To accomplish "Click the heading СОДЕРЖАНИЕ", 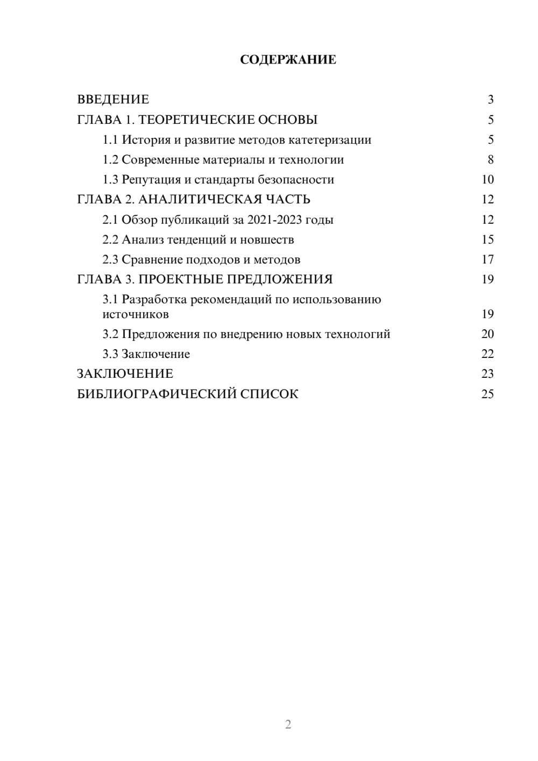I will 288,60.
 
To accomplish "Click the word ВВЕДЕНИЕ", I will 113,100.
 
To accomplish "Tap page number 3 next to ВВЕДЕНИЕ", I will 490,100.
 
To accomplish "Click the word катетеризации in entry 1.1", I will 330,140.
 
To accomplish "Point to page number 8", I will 490,160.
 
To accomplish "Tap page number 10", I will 487,180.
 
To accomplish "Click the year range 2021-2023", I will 274,220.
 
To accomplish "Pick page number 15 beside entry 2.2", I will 487,239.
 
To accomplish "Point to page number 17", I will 487,259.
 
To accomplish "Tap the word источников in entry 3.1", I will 136,314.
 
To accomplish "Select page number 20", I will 487,334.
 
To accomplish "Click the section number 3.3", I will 110,354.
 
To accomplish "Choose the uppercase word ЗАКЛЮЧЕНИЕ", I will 125,374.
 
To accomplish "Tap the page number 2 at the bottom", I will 288,724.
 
